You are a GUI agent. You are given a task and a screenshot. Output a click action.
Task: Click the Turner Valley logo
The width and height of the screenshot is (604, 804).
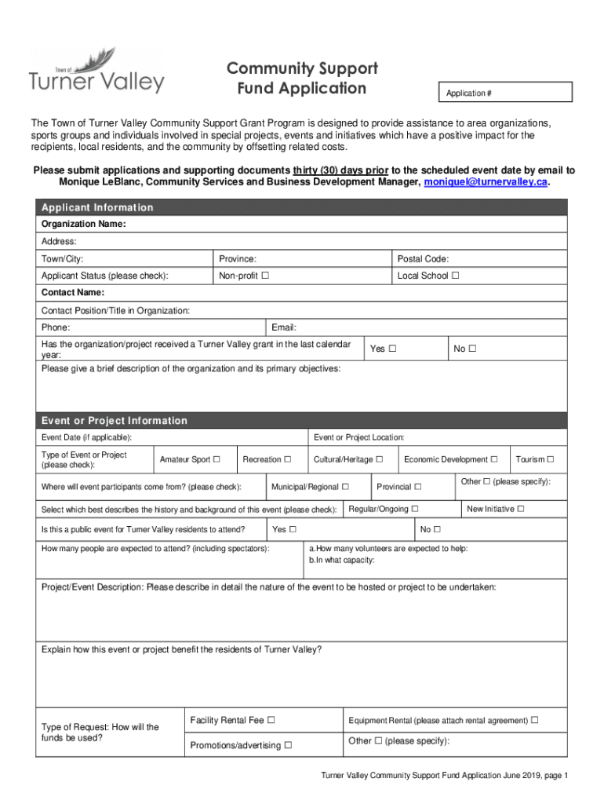[96, 72]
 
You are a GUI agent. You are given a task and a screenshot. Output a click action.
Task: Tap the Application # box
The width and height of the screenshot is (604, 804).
[505, 93]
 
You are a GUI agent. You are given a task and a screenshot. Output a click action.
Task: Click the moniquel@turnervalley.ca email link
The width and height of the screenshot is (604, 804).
[486, 182]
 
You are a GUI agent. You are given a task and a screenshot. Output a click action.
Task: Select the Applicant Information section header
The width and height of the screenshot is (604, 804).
[97, 207]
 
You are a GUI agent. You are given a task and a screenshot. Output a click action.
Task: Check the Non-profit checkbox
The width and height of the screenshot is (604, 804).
[265, 276]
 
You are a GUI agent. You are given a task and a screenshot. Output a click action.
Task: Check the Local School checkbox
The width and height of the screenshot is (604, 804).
[455, 276]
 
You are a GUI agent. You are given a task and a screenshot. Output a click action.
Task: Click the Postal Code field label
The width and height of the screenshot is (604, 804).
[423, 259]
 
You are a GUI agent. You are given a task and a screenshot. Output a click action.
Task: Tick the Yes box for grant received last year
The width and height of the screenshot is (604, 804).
[392, 349]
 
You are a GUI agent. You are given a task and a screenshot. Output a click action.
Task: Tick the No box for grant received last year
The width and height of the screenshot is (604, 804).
[473, 349]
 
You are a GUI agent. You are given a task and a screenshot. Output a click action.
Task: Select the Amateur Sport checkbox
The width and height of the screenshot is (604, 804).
[216, 459]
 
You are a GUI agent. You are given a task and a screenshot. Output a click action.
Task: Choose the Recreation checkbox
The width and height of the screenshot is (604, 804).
[287, 459]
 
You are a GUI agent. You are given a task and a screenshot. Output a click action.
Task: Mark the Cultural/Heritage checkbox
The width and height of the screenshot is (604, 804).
[379, 459]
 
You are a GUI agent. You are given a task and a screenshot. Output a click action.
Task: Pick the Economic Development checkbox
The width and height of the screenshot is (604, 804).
[494, 459]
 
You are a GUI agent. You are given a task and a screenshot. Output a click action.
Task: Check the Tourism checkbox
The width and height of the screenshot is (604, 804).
[550, 459]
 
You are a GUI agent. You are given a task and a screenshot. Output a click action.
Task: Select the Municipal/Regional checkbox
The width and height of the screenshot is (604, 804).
[345, 487]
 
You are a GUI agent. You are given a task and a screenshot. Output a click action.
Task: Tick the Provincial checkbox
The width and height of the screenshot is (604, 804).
[418, 487]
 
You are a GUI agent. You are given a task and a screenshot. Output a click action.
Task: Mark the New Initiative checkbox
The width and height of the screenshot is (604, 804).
[521, 509]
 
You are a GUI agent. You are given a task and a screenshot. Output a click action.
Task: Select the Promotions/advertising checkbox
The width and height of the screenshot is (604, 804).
[288, 745]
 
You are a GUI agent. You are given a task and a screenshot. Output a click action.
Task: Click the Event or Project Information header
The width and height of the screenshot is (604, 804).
[115, 421]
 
